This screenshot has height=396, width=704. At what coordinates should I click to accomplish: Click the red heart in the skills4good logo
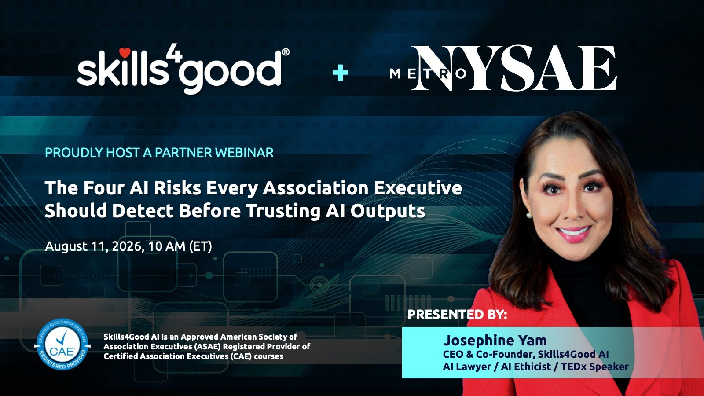pos(125,53)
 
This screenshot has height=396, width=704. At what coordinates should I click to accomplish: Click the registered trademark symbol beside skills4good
pos(286,52)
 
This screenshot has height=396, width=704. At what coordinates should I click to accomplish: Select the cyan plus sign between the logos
pos(341,73)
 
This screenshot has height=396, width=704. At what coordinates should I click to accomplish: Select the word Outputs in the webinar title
pos(388,211)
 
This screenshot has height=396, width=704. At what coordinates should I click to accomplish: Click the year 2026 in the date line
pos(126,246)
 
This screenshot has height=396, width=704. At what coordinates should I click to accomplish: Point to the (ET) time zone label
pos(201,246)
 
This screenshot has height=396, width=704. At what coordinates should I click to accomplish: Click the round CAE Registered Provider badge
pos(62,344)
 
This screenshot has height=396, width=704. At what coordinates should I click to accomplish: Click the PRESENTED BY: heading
pos(457,315)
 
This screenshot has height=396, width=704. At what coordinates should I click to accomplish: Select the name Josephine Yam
pos(495,341)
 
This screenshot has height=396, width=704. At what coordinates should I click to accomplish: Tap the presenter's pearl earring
pos(529,215)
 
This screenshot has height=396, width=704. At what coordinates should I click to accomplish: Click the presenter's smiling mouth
pos(574,233)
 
